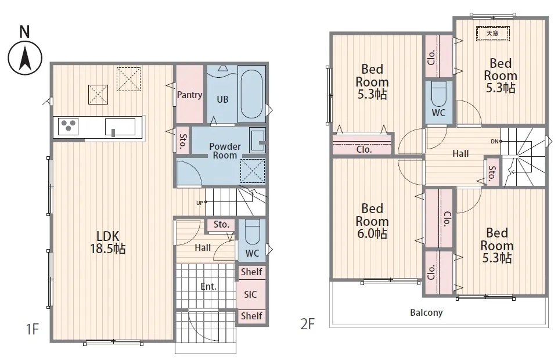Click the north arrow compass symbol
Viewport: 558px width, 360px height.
(25, 57)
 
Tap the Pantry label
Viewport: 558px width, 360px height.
(190, 95)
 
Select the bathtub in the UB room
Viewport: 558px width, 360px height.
(251, 94)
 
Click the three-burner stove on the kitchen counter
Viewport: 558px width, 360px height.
(69, 126)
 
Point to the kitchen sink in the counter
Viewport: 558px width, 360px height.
(120, 127)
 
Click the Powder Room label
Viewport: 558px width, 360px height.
(225, 151)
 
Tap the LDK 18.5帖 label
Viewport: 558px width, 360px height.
(108, 242)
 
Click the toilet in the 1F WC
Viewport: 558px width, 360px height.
(253, 231)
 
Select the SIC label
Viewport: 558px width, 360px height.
(250, 294)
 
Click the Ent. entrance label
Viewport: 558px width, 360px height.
(208, 286)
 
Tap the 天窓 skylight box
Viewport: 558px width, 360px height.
(493, 34)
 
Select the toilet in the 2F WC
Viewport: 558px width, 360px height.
(438, 94)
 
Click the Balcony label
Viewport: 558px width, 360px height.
(426, 313)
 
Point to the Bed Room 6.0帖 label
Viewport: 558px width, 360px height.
(372, 221)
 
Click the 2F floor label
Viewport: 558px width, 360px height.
(308, 324)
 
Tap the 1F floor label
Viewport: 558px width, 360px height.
(33, 329)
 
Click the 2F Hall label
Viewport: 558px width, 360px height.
(460, 154)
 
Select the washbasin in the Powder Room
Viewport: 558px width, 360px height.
(257, 140)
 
